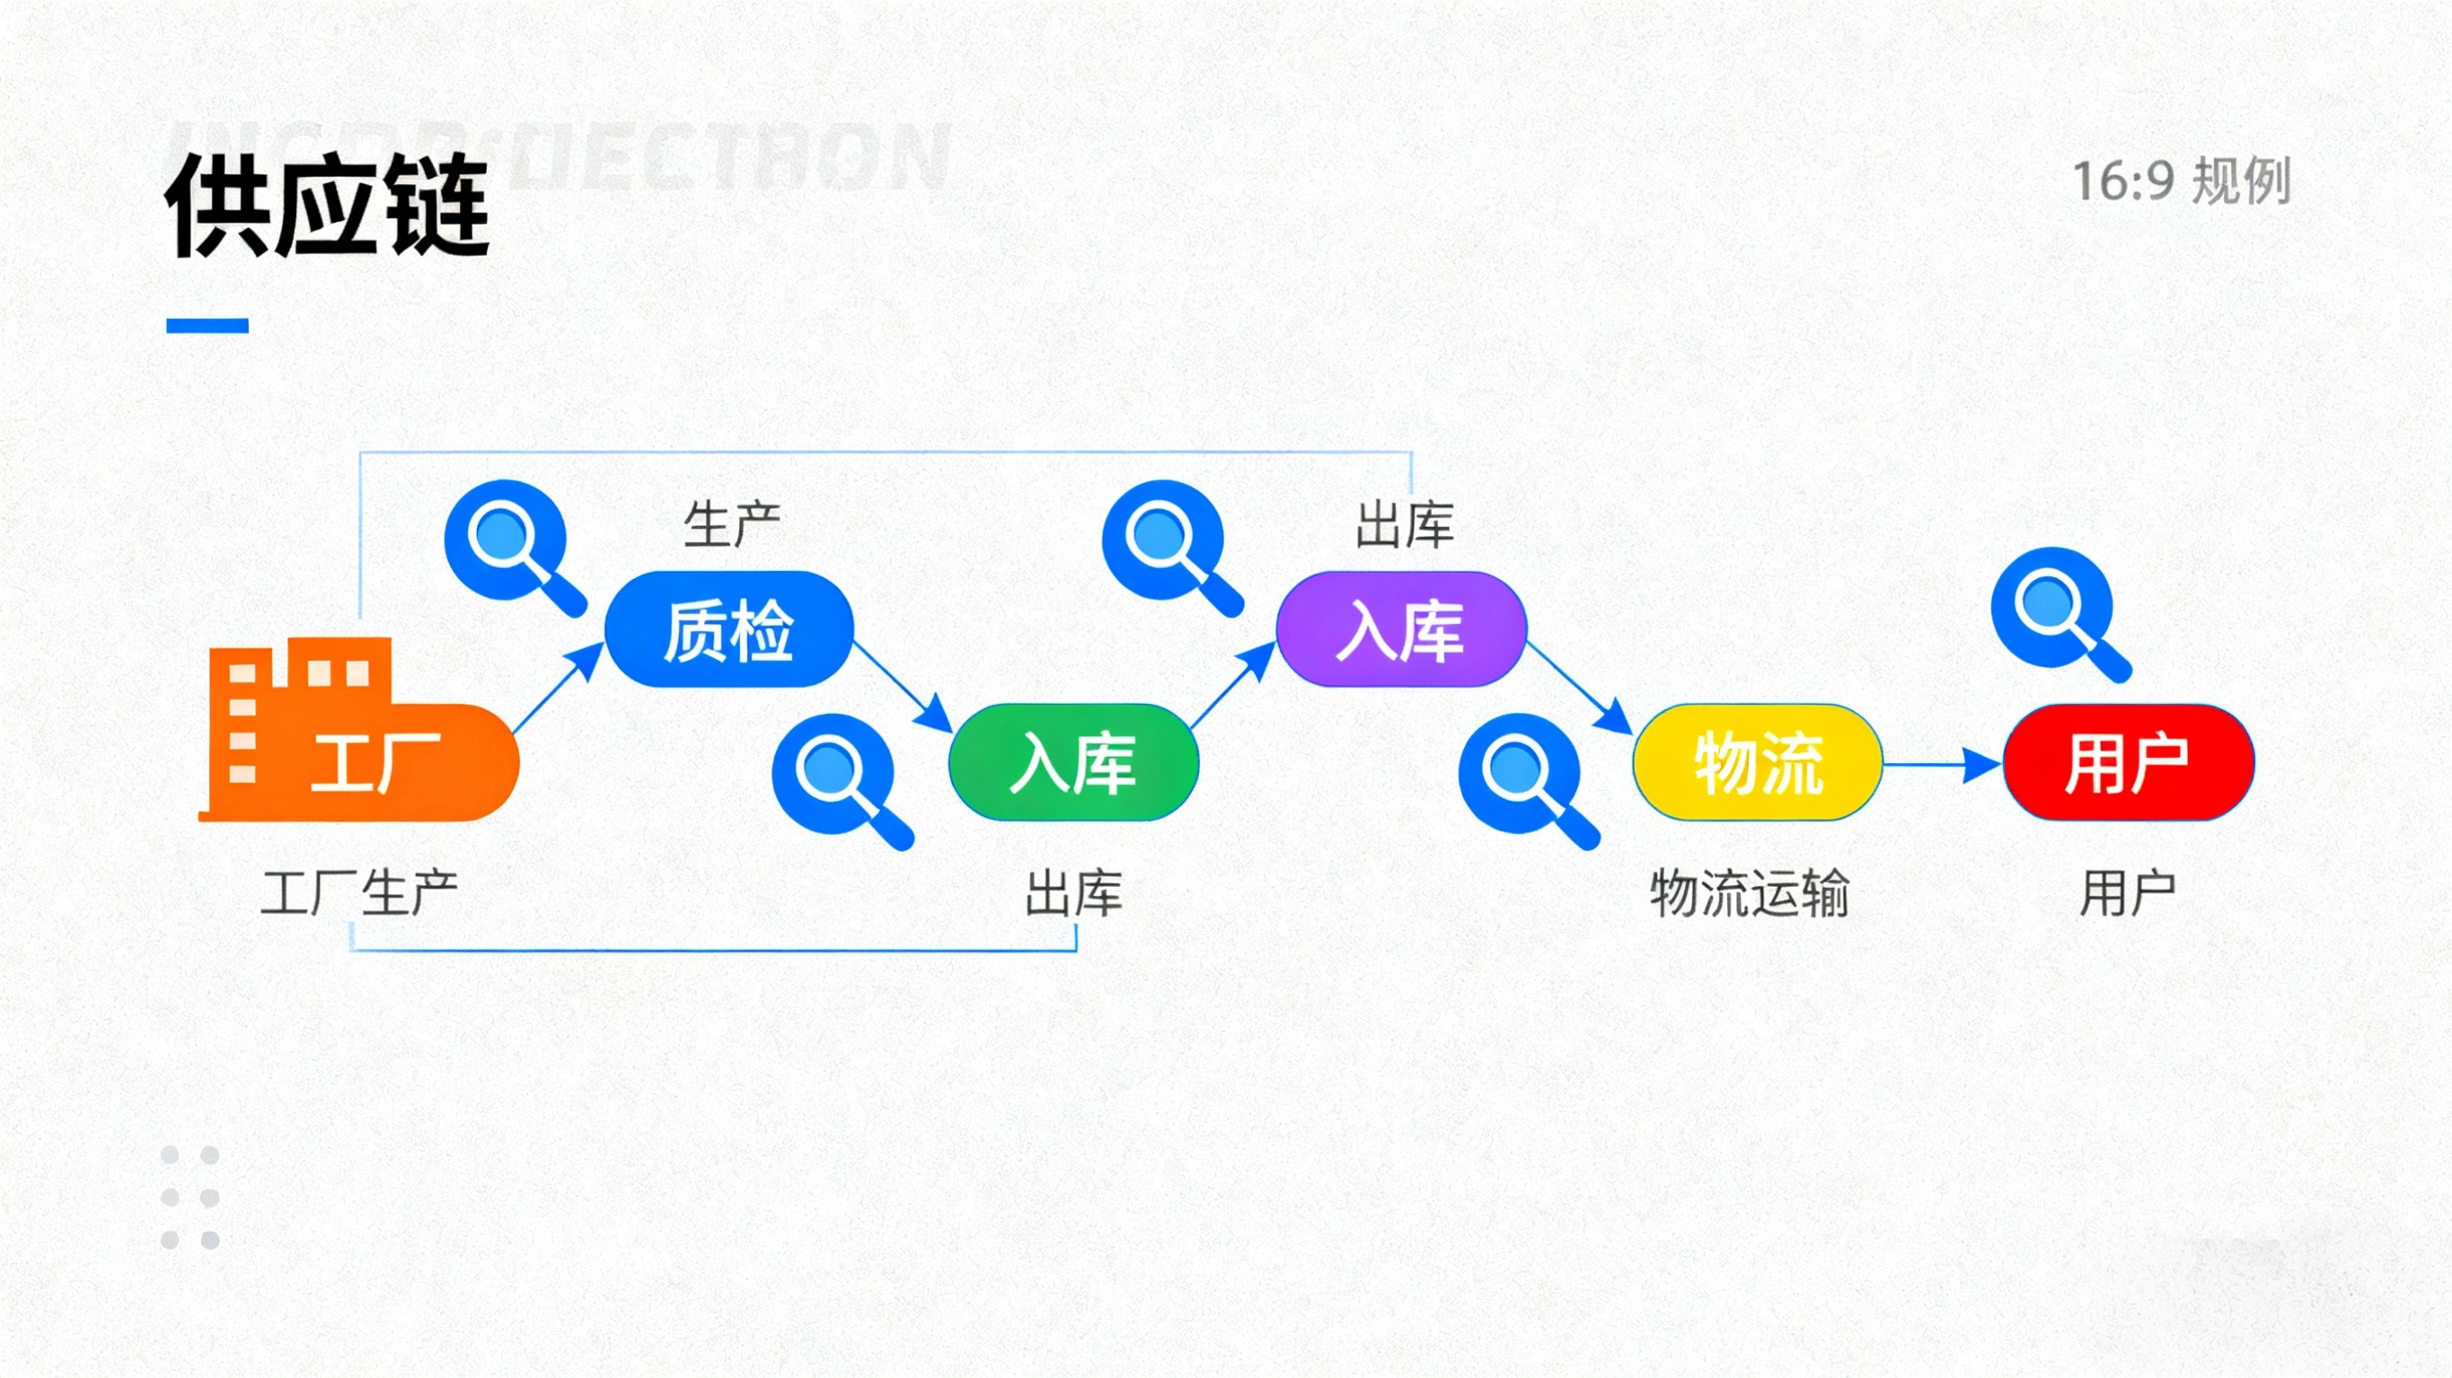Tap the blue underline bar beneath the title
pyautogui.click(x=207, y=326)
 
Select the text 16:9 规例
pyautogui.click(x=2181, y=180)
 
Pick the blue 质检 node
pyautogui.click(x=729, y=630)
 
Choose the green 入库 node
pyautogui.click(x=1073, y=762)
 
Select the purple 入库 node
pyautogui.click(x=1401, y=630)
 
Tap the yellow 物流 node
pyautogui.click(x=1758, y=762)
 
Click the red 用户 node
pyautogui.click(x=2129, y=762)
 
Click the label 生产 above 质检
pyautogui.click(x=732, y=524)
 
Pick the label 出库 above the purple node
pyautogui.click(x=1405, y=524)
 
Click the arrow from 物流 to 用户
pyautogui.click(x=1942, y=763)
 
